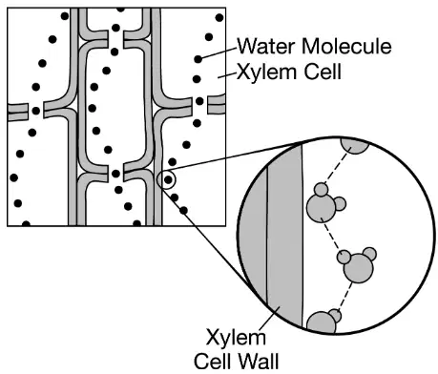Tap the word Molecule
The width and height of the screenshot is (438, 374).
pos(346,47)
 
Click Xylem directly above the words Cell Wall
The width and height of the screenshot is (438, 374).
pos(236,339)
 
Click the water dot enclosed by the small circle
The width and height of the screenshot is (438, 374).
pos(168,180)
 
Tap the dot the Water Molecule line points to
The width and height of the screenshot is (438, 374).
pos(198,59)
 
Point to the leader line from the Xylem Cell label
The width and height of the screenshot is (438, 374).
pos(227,75)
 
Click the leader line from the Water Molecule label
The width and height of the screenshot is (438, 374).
pos(218,53)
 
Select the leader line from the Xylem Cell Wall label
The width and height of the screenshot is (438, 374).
pos(270,319)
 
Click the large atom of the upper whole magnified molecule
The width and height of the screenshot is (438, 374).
pos(322,208)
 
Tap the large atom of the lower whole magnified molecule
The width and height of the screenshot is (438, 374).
pos(359,268)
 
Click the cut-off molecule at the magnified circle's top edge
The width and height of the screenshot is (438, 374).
pos(355,146)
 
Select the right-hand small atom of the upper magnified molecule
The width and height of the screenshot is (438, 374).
pos(340,204)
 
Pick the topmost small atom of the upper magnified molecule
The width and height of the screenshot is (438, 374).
pos(322,190)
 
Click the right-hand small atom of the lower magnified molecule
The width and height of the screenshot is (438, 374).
pos(369,254)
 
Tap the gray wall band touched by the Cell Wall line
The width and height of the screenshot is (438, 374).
pos(284,236)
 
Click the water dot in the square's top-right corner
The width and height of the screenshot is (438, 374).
pos(219,17)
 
